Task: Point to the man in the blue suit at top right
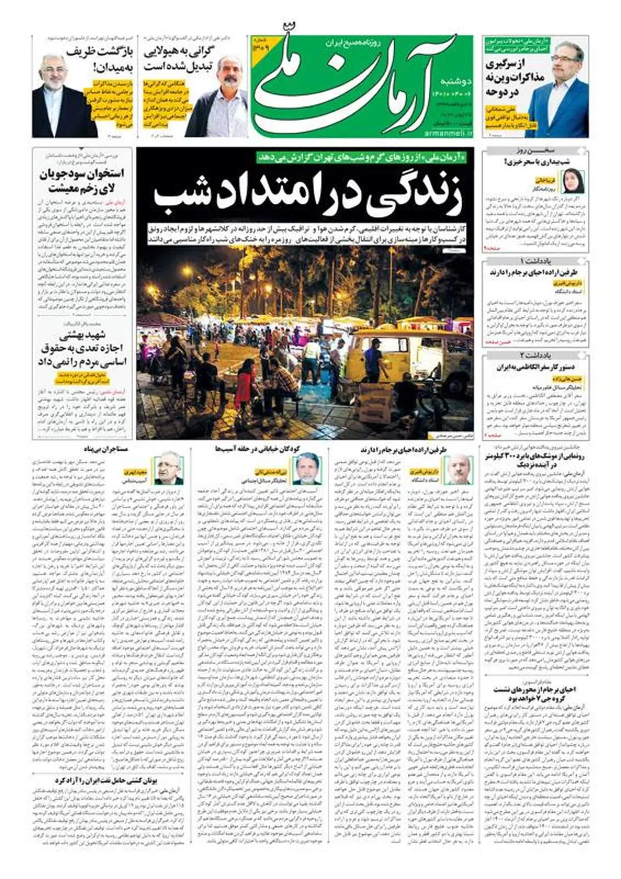coord(557,91)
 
